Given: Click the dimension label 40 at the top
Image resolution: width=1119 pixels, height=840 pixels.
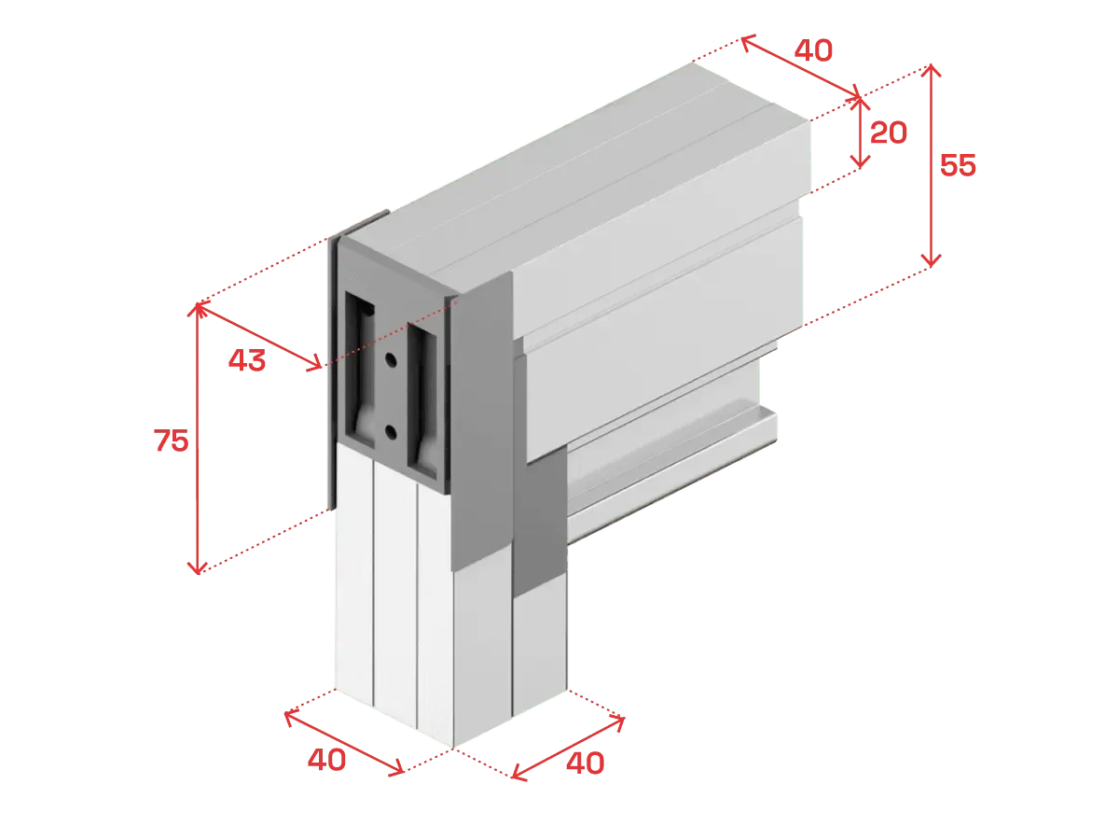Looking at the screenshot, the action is [813, 50].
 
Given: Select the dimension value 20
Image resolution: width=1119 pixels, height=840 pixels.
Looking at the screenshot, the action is [888, 133].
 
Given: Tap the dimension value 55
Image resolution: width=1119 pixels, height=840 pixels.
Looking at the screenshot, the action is [958, 165].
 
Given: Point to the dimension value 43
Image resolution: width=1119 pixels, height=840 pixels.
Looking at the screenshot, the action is [247, 360].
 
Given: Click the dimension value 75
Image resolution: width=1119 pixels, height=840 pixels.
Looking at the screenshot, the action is [172, 441].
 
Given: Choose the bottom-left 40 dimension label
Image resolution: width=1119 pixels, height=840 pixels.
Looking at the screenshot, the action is [326, 760].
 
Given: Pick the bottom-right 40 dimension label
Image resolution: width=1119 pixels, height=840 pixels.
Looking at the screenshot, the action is [586, 763].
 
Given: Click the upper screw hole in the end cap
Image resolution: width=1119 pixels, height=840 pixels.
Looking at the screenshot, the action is [391, 359].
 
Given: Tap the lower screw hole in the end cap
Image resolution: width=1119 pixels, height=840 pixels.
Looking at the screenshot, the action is [391, 432].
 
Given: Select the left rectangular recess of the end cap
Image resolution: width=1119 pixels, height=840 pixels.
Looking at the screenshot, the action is [360, 370].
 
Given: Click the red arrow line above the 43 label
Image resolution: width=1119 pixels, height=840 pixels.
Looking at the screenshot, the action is [259, 335].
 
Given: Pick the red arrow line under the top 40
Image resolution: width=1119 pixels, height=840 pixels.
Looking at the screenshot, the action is [800, 66].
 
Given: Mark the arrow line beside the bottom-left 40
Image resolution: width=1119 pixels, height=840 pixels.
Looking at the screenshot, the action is [344, 743].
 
